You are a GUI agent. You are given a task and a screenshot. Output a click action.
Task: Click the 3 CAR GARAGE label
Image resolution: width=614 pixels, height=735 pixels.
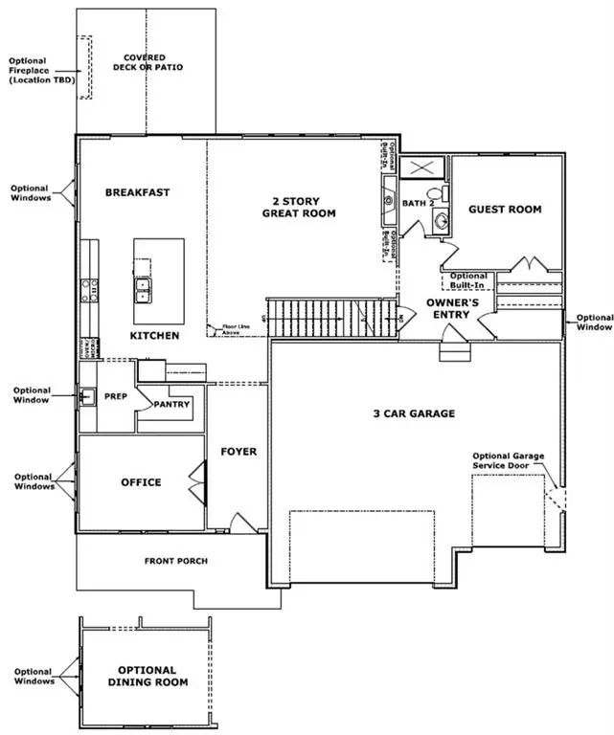tap(414, 414)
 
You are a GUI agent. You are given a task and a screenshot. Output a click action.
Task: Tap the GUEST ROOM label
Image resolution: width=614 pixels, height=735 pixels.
tap(505, 209)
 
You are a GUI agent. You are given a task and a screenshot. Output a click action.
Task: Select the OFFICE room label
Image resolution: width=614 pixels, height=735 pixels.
tap(141, 482)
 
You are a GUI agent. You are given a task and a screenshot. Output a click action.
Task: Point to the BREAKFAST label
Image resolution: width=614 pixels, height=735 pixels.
tap(138, 192)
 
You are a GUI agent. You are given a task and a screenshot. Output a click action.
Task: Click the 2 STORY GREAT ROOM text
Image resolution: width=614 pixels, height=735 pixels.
tap(299, 208)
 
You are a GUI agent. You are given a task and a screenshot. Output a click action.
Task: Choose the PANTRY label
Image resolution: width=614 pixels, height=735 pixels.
tap(172, 404)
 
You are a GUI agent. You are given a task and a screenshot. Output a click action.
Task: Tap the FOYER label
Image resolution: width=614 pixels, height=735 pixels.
tap(239, 451)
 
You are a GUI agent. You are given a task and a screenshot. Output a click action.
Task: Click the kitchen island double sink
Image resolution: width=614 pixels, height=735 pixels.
tap(143, 285)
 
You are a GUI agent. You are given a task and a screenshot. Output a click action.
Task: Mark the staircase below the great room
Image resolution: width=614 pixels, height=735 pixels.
tap(330, 317)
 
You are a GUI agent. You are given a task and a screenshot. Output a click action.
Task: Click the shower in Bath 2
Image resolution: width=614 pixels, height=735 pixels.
tap(422, 168)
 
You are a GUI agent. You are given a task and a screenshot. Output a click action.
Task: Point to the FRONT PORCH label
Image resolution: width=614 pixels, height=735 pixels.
tap(176, 561)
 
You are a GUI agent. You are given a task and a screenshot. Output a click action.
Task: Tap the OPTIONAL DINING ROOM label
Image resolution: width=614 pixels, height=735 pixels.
tap(147, 676)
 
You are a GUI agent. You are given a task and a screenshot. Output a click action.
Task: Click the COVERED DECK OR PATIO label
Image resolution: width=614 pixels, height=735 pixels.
tap(153, 62)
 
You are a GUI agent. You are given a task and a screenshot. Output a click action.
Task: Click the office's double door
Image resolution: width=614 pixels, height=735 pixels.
tap(199, 477)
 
